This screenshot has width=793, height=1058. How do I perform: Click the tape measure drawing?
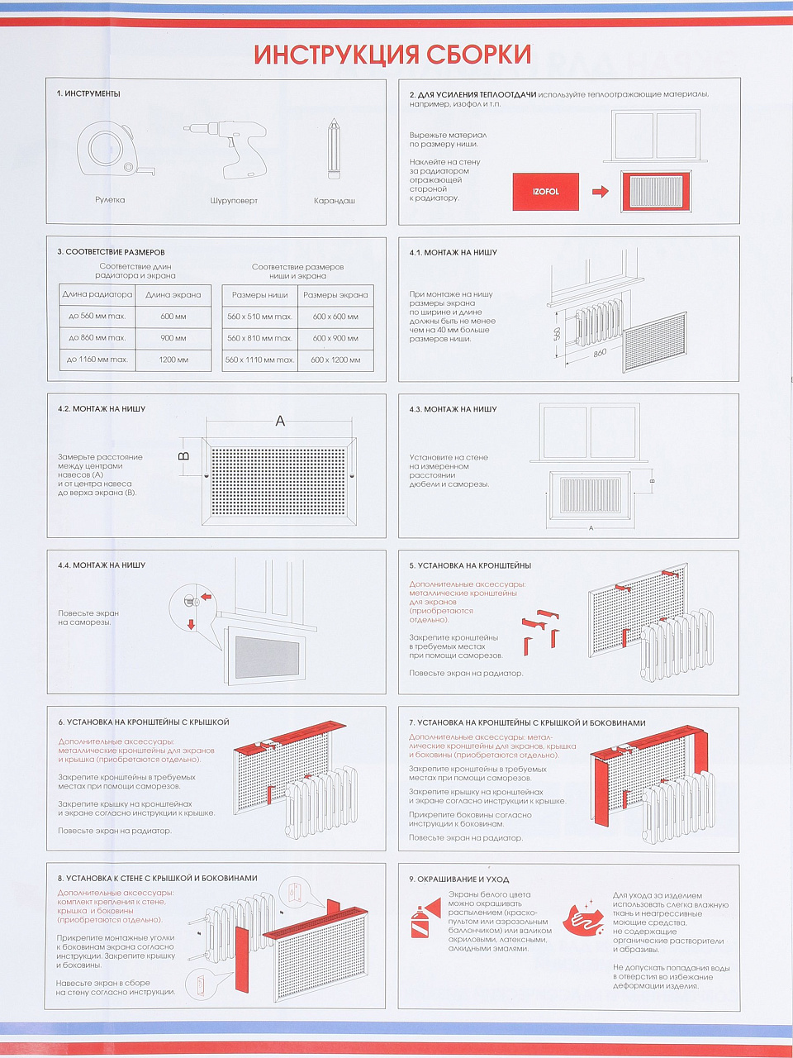click(x=114, y=150)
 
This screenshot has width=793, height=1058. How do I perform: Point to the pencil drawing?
click(x=333, y=149)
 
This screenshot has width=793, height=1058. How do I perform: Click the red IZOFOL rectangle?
click(x=545, y=192)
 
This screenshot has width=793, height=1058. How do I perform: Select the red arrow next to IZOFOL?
click(x=600, y=192)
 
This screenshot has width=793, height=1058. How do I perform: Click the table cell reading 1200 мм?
click(x=173, y=360)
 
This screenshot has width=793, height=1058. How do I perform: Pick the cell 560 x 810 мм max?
click(x=260, y=338)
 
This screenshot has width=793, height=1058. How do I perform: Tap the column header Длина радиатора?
click(x=97, y=294)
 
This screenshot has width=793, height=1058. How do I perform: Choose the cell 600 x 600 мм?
click(x=335, y=317)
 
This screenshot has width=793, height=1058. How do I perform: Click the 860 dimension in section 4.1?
click(x=600, y=353)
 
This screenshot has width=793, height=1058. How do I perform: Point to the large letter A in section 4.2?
click(x=280, y=422)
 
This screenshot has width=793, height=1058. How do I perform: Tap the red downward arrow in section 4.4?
click(x=191, y=624)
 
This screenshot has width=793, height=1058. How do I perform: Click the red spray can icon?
click(x=425, y=917)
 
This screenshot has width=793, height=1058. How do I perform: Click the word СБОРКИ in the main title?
click(x=479, y=55)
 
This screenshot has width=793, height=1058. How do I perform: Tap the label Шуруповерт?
click(x=234, y=201)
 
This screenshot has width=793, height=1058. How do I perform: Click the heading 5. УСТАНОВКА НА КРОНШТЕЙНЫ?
click(x=470, y=565)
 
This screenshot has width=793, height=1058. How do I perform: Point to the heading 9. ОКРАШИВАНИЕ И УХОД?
click(x=458, y=879)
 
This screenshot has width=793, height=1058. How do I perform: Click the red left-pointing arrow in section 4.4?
click(x=206, y=598)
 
